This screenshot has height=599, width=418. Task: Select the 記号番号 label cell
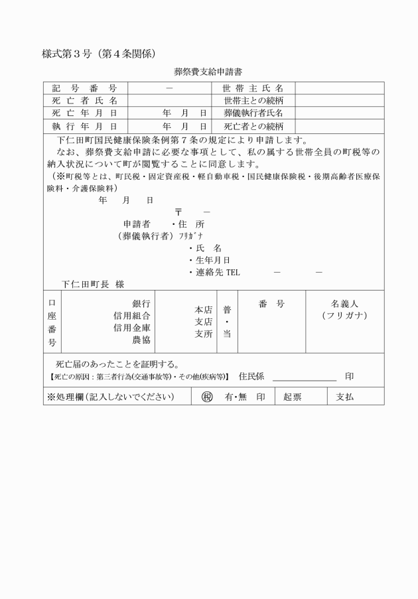(85, 88)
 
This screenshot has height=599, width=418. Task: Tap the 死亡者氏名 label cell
(85, 101)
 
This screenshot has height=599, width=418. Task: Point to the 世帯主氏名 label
(253, 88)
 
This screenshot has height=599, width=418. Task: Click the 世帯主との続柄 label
(253, 101)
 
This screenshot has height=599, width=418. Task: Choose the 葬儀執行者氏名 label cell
(253, 113)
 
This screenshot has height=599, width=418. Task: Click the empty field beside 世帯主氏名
(339, 88)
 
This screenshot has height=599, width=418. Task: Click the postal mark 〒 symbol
(178, 212)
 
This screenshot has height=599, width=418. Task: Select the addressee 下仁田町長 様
(93, 284)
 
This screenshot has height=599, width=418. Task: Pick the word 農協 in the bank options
(141, 340)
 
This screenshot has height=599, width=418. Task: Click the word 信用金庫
(132, 328)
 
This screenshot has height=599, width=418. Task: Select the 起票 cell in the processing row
(292, 397)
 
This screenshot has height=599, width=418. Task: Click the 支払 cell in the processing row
(345, 397)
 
